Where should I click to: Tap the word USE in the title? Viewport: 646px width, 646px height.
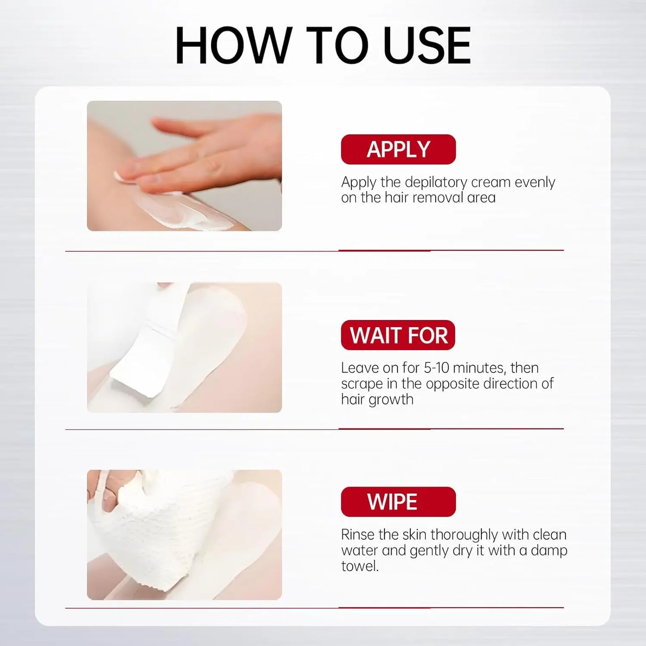point(427,45)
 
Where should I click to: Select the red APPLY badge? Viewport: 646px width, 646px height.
point(398,149)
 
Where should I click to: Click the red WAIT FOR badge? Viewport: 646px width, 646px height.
point(398,335)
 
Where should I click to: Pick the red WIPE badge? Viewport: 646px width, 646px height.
point(398,502)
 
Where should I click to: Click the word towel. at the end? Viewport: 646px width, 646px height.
point(360,566)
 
